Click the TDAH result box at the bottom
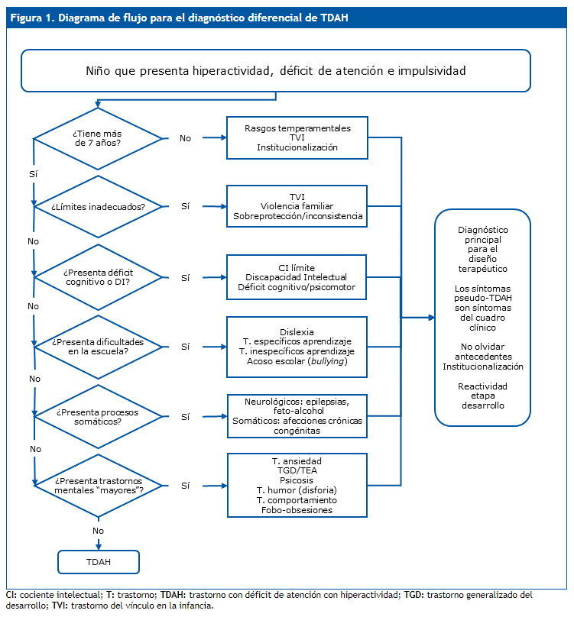[99, 561]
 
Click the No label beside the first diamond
[186, 138]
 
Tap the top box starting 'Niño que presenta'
[275, 71]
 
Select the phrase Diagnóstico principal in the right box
[482, 234]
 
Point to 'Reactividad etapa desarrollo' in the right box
[482, 396]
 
